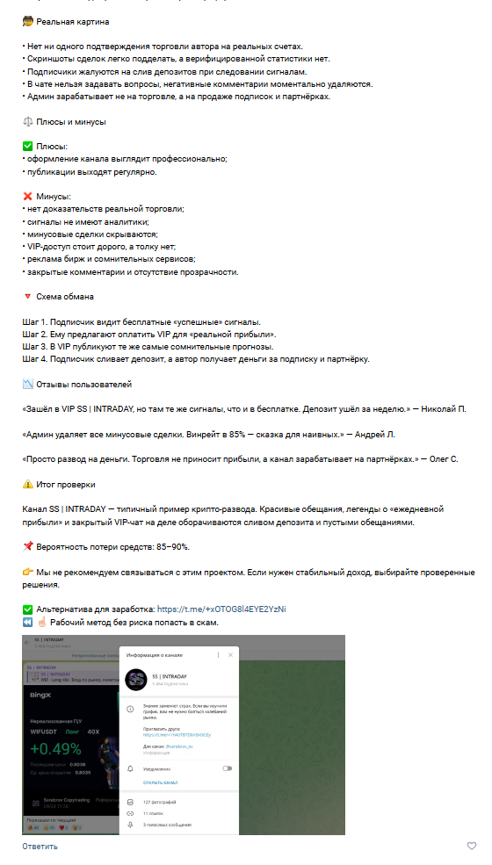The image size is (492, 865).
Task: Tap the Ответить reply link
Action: point(40,846)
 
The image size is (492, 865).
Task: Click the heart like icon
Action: point(472,846)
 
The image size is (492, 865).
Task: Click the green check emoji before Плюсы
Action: point(27,147)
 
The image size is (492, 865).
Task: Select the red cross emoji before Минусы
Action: point(27,197)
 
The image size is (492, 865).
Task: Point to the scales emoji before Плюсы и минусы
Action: point(27,122)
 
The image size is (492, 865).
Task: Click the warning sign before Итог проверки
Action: point(27,484)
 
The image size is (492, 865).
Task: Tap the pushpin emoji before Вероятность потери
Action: point(27,546)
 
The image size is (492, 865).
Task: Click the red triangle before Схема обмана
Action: point(27,297)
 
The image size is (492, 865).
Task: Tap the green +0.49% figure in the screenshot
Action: point(54,749)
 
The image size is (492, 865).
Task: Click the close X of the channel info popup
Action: point(231,655)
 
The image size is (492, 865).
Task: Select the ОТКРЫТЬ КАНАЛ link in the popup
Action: point(161,781)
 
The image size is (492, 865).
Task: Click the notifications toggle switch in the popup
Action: point(227,768)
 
